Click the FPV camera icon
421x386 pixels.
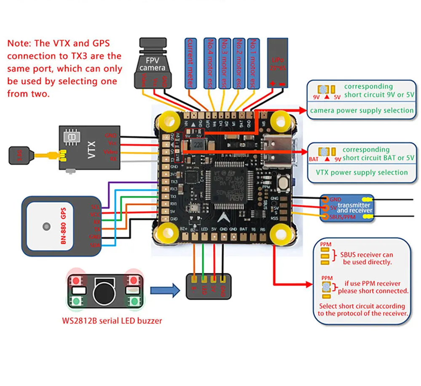[153, 63]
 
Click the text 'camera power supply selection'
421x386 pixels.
[362, 111]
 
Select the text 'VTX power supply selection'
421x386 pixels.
[362, 173]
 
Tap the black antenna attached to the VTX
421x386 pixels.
[19, 155]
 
